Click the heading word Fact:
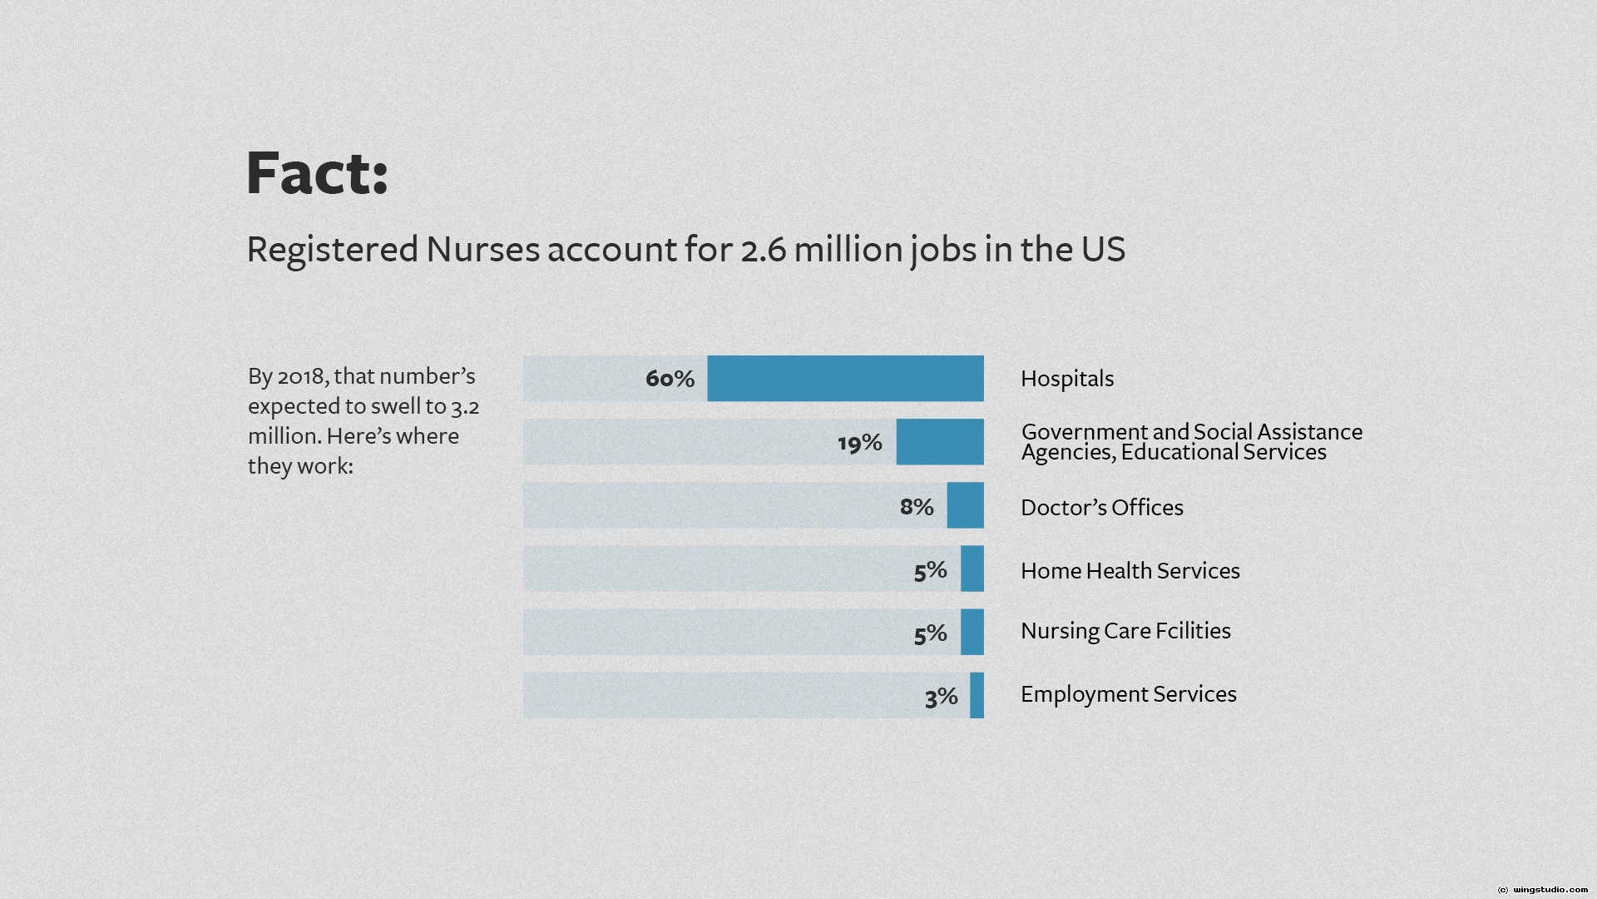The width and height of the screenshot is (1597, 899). click(317, 173)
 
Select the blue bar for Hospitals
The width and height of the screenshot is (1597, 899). click(845, 379)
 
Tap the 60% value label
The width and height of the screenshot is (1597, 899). click(670, 379)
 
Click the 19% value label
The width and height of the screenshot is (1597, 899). click(859, 442)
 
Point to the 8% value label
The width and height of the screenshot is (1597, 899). click(916, 506)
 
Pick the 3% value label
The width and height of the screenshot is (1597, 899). click(941, 697)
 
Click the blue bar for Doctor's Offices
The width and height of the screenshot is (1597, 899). click(965, 505)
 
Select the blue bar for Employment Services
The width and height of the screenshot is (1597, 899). click(976, 695)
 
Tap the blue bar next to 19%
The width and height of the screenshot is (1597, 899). click(940, 442)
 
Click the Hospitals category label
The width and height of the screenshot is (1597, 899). click(1067, 379)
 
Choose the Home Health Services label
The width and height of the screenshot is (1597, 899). click(1130, 571)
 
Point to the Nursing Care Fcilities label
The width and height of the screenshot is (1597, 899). click(1125, 631)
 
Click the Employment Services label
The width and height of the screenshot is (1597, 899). click(1128, 694)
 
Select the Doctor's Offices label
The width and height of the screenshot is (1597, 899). click(1101, 508)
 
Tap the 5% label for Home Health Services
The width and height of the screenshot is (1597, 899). click(930, 570)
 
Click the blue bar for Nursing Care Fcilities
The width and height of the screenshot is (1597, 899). click(972, 632)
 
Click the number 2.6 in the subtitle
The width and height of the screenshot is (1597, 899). click(763, 250)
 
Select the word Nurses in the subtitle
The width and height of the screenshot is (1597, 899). click(482, 250)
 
